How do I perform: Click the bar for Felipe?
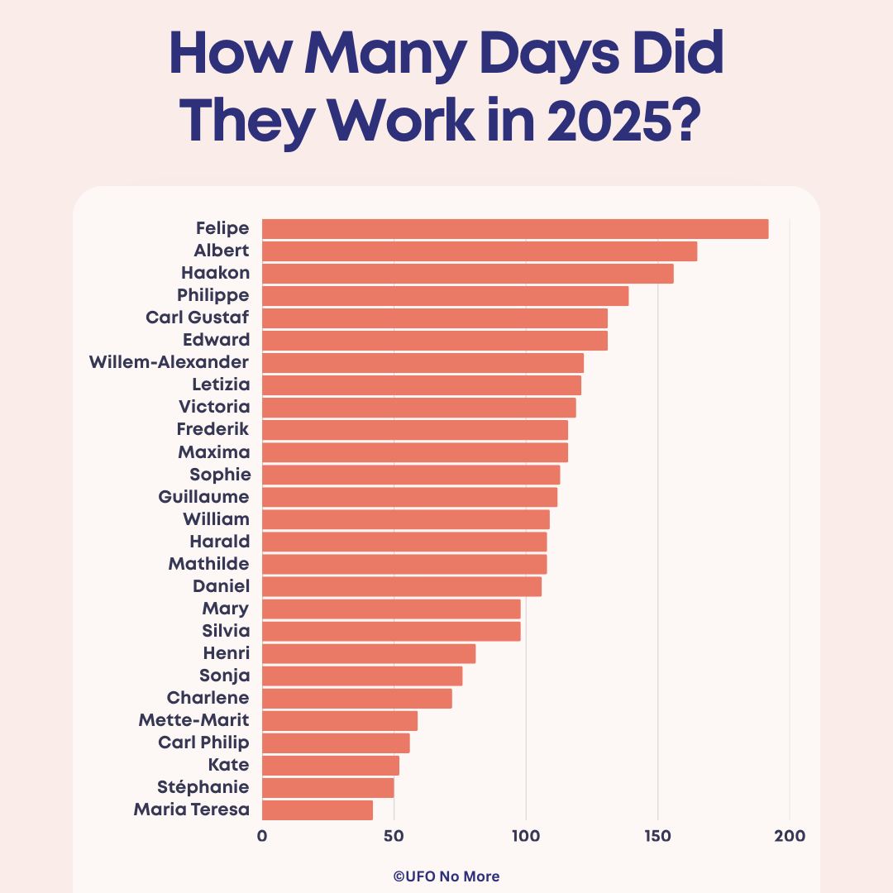point(515,229)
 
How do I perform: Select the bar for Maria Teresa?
point(318,809)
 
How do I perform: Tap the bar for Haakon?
point(467,274)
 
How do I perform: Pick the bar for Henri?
point(369,653)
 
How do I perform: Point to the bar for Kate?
point(331,765)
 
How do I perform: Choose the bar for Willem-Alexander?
point(423,363)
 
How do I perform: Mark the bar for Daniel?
point(402,586)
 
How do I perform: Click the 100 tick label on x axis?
point(526,836)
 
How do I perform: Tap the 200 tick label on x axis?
point(790,836)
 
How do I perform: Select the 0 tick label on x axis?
point(262,836)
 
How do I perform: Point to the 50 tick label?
point(394,836)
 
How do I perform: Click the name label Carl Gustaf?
point(197,318)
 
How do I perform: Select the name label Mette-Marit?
point(193,720)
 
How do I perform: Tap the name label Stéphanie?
point(203,786)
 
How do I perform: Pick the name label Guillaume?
point(203,497)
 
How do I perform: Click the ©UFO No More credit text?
point(446,876)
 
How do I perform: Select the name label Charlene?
point(208,698)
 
